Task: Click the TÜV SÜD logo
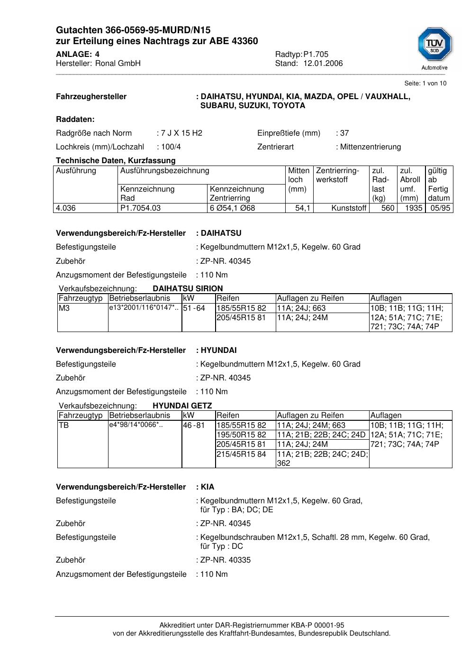[434, 46]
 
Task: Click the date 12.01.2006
[323, 64]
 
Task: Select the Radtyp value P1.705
[316, 55]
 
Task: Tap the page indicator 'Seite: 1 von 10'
[425, 83]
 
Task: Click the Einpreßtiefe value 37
[344, 133]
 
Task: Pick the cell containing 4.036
[66, 208]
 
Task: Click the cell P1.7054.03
[141, 208]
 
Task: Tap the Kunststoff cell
[349, 208]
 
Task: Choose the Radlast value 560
[388, 208]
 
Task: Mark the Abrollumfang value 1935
[413, 208]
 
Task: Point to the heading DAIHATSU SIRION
[188, 288]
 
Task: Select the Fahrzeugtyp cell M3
[64, 308]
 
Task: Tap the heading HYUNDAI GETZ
[182, 406]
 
